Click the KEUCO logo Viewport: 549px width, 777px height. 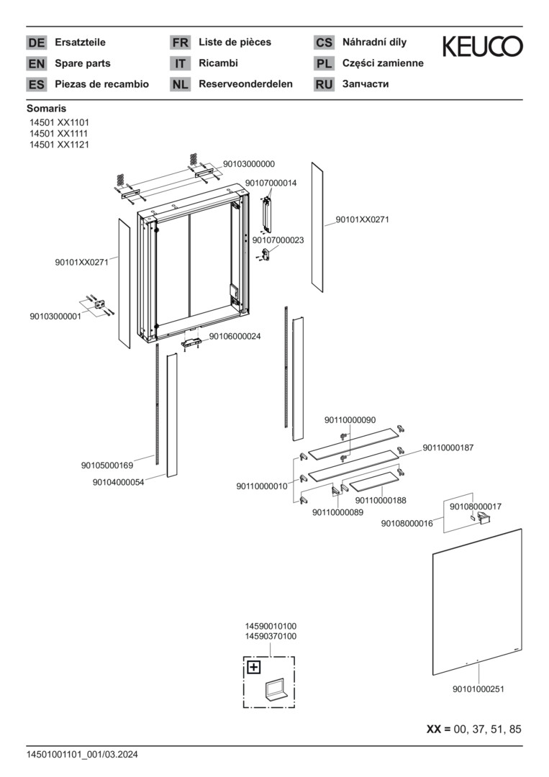tap(482, 47)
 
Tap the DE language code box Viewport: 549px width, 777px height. tap(36, 42)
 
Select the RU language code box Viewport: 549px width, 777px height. tap(324, 84)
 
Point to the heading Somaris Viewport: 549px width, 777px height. tap(46, 109)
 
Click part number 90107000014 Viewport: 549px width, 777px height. tap(271, 183)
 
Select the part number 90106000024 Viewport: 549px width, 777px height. tap(235, 336)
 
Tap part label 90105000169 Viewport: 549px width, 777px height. tap(107, 465)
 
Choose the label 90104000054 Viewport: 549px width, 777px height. tap(119, 483)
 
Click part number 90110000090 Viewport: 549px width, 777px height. tap(350, 420)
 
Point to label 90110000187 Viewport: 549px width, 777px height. tap(448, 447)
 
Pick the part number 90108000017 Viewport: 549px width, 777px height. tap(476, 506)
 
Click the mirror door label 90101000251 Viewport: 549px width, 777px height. tap(478, 689)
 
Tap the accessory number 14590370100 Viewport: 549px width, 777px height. tap(271, 637)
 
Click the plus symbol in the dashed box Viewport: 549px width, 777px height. tap(253, 667)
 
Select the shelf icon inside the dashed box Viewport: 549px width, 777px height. tap(276, 691)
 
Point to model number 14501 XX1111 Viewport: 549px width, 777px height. tap(59, 134)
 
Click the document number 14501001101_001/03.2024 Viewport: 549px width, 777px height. tap(82, 755)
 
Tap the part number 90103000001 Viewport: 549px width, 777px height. tap(55, 317)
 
